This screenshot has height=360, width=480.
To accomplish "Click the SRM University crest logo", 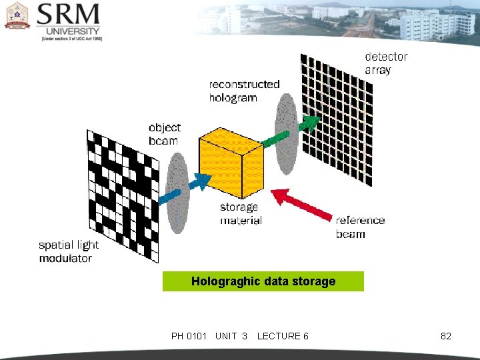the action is point(17,16).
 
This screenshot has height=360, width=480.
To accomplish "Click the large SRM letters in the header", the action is point(69,15).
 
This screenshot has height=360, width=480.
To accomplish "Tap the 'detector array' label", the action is point(385,63).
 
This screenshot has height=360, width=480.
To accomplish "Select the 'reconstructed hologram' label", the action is point(244,91).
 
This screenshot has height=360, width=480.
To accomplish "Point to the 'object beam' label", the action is point(164,133).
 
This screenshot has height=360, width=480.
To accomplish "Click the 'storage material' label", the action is point(241,213).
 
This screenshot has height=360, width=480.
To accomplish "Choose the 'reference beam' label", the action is point(360,227).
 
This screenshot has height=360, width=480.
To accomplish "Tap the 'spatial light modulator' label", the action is point(69,251).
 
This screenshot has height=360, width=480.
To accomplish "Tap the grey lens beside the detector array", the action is point(286,133).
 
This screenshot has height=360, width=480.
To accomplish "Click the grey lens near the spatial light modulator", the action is point(177,193).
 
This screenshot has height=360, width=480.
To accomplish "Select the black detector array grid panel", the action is point(336,117).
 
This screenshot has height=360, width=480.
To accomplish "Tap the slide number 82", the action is point(446,336).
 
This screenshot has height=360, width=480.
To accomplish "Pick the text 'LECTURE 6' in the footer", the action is point(283,336).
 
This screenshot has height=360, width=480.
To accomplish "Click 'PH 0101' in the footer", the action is point(189,336).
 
